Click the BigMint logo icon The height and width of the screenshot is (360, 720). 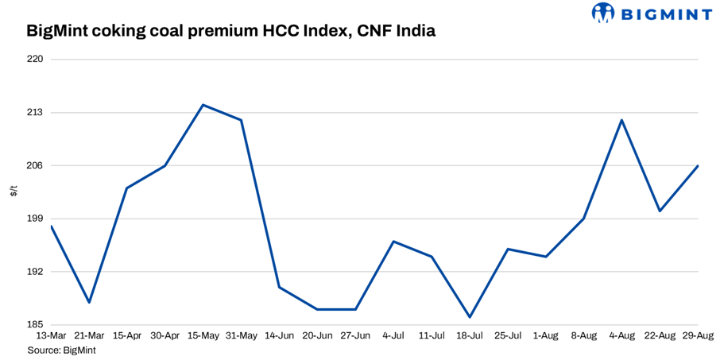603,13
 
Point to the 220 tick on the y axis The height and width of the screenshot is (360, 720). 35,60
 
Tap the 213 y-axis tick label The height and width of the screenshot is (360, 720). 35,113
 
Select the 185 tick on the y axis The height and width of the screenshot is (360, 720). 35,325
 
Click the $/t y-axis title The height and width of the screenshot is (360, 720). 14,192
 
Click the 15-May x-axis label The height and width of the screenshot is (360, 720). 203,336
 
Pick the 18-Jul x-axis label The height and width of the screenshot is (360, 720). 470,336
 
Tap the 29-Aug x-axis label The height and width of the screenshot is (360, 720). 697,336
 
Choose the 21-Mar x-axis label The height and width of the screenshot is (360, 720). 89,336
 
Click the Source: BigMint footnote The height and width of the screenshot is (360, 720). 61,350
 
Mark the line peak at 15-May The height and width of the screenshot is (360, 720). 203,105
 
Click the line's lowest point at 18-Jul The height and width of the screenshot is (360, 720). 470,317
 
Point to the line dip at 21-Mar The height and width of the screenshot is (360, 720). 89,302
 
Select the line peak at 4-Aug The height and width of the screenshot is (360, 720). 621,120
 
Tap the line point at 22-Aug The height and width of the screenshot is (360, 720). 660,211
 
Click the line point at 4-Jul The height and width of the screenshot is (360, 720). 393,241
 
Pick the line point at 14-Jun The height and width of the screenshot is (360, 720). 279,287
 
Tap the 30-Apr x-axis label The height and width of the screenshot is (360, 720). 165,336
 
